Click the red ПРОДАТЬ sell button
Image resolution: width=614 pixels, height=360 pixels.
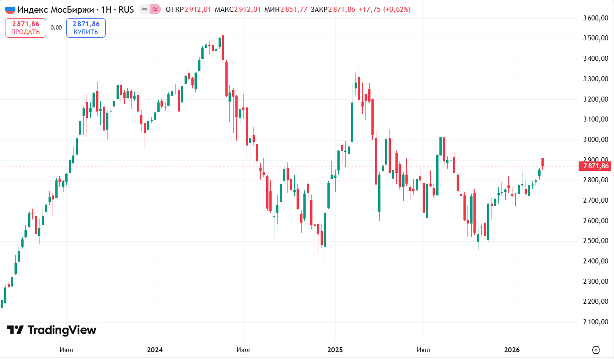(x=25, y=28)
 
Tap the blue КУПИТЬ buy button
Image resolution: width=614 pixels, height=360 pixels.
(x=86, y=28)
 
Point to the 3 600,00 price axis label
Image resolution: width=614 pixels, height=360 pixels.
(x=595, y=18)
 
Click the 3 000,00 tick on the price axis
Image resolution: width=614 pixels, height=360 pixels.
(x=595, y=140)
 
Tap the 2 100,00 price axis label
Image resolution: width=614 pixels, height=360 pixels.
(x=595, y=322)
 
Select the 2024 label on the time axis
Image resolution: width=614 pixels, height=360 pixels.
(x=155, y=350)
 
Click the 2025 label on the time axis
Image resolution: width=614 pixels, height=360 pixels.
(x=335, y=350)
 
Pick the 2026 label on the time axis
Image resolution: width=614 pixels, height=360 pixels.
(x=512, y=350)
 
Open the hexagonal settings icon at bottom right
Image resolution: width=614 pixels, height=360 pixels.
(x=596, y=350)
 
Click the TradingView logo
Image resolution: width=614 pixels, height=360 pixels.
(x=51, y=330)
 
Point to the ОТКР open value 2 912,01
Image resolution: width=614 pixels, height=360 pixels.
(x=198, y=10)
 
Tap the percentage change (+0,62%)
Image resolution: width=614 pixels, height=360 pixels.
(x=397, y=10)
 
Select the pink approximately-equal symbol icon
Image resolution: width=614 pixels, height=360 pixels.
(x=156, y=9)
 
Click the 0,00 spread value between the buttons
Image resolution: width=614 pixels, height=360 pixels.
(x=56, y=28)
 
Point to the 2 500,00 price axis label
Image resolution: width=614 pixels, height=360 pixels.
(x=595, y=241)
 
